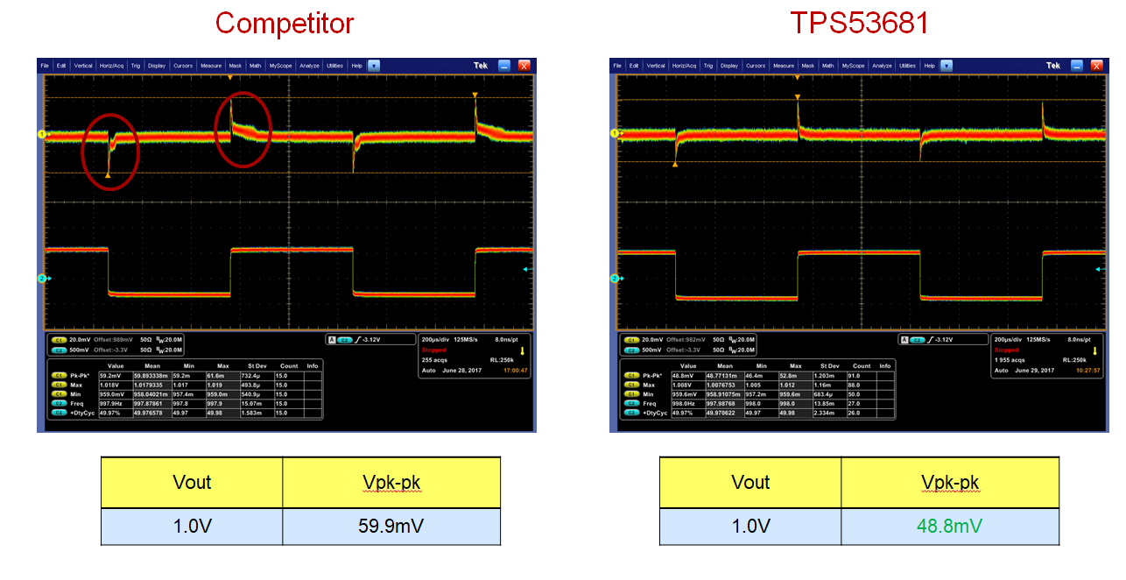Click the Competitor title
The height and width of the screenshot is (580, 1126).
click(x=285, y=23)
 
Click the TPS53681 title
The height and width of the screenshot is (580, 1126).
click(x=859, y=23)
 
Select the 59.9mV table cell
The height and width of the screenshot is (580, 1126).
click(x=391, y=526)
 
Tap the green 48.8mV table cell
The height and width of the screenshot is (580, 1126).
click(x=950, y=526)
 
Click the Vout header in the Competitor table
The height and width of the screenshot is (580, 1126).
click(x=191, y=482)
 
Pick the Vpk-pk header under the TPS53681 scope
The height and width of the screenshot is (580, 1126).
click(x=950, y=482)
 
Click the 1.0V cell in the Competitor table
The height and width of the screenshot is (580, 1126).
click(x=191, y=526)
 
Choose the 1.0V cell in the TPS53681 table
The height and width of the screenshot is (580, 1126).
click(x=749, y=526)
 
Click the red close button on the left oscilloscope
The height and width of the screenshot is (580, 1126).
click(x=524, y=66)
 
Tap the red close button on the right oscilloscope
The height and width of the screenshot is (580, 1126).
click(x=1098, y=66)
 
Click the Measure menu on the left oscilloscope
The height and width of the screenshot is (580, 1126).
click(x=210, y=66)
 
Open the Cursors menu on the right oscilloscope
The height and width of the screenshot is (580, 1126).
click(x=756, y=66)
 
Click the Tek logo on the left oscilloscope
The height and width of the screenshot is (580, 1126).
click(x=480, y=66)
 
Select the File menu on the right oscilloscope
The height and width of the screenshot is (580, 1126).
click(x=617, y=66)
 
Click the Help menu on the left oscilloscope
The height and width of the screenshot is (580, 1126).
click(x=356, y=66)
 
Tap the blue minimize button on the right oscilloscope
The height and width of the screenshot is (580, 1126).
click(x=1077, y=66)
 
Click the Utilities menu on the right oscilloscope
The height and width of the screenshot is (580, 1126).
click(x=907, y=66)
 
